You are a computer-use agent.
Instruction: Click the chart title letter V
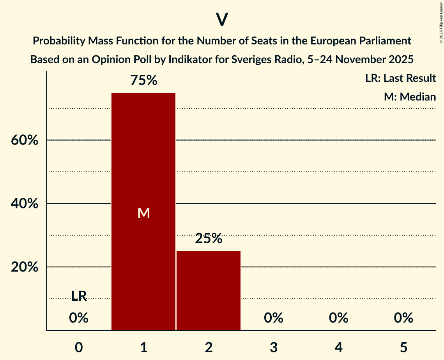[221, 19]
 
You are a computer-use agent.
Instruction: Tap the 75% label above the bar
[143, 80]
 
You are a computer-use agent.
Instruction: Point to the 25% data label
[209, 238]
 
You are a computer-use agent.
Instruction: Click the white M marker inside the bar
[144, 213]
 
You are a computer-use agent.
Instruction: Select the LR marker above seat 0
[79, 296]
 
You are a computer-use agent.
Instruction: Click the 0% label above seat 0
[79, 318]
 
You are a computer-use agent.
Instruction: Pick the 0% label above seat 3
[273, 318]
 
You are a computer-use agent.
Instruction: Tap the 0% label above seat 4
[338, 318]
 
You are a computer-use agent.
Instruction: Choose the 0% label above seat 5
[403, 318]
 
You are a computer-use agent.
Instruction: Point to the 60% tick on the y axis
[25, 140]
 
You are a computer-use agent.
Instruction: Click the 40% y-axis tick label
[25, 204]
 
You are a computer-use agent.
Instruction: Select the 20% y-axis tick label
[25, 267]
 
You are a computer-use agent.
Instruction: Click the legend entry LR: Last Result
[400, 78]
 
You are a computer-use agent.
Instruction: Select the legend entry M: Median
[410, 97]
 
